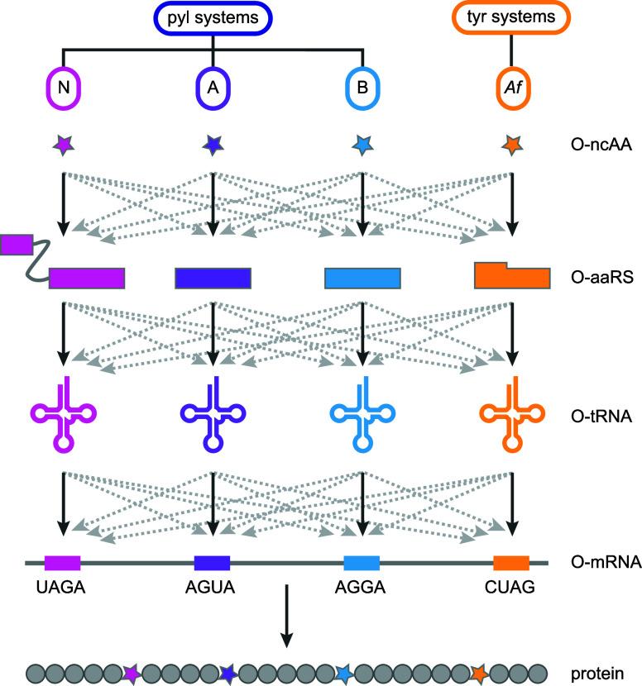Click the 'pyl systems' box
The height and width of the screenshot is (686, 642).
(213, 19)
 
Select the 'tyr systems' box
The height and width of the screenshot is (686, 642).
(511, 19)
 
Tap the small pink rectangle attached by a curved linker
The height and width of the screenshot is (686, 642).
(17, 244)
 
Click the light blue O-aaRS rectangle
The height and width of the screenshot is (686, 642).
(362, 279)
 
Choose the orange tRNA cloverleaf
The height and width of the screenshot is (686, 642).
(512, 414)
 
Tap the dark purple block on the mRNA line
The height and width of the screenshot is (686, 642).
(212, 564)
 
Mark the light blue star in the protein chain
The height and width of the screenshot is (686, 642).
(344, 674)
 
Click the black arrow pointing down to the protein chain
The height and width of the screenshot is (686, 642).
(286, 616)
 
